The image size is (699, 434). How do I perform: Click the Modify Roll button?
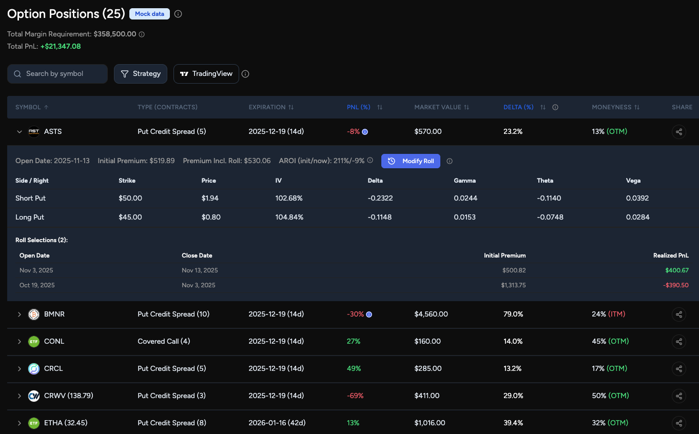[x=411, y=161]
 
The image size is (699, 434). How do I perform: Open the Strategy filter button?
[x=141, y=74]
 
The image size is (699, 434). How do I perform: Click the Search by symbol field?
[x=57, y=74]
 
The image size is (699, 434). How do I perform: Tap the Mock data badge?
[x=149, y=14]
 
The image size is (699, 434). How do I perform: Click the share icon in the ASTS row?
[x=679, y=132]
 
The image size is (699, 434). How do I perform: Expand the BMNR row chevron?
[x=20, y=314]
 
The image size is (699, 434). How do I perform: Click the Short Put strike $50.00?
[x=130, y=198]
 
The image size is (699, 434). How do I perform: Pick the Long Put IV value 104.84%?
[x=289, y=217]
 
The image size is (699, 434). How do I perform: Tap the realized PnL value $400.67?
[x=676, y=270]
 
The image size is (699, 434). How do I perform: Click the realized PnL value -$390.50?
[x=675, y=285]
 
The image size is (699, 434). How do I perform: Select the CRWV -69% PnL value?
[x=355, y=396]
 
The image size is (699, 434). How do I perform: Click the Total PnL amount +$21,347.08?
[x=61, y=46]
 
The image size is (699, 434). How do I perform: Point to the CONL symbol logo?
[x=34, y=341]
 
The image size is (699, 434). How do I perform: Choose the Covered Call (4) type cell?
[x=164, y=341]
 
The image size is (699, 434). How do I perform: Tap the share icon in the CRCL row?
[x=679, y=368]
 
